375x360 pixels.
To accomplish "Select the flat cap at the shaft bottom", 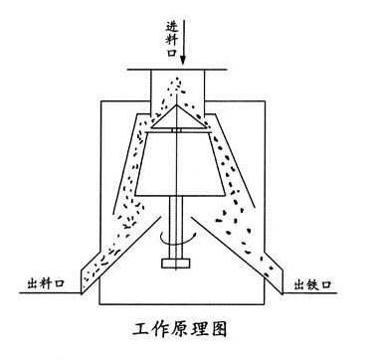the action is (x=175, y=265).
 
